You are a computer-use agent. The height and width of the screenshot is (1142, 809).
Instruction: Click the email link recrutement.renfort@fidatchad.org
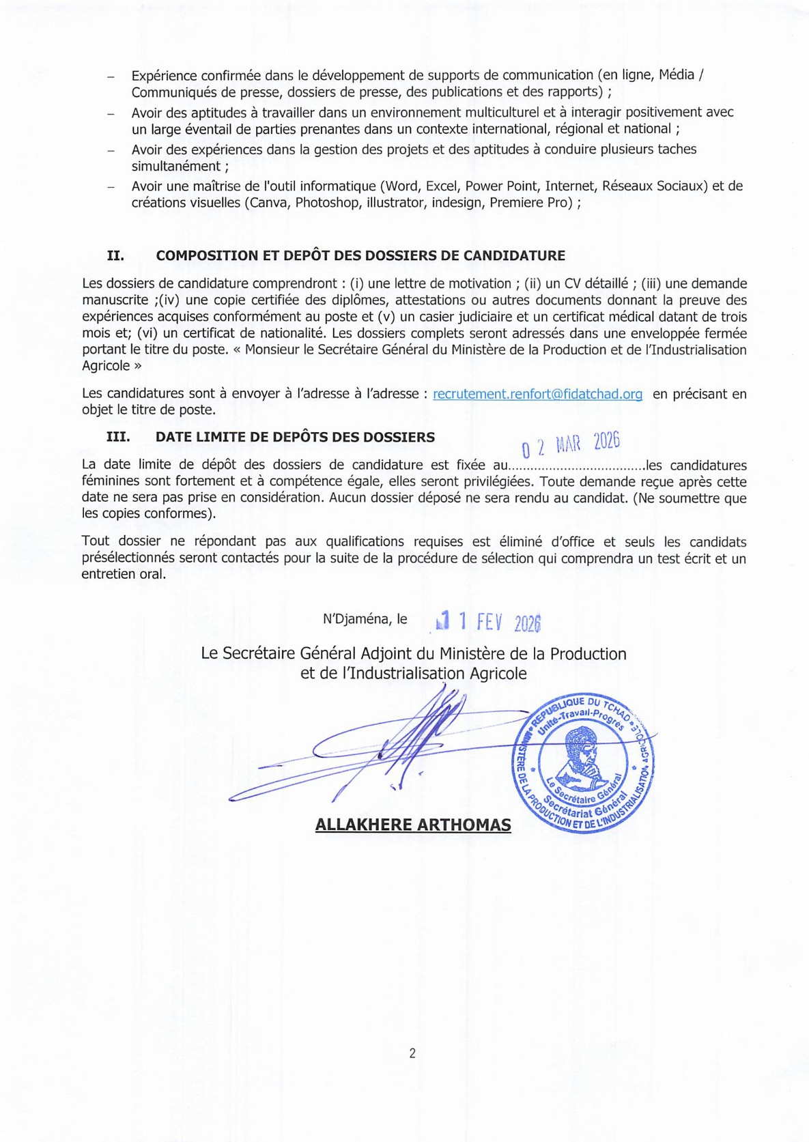(x=537, y=394)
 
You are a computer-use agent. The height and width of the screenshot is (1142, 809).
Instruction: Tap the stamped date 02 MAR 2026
(x=570, y=444)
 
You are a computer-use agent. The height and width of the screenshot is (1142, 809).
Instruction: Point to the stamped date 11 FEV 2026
(x=489, y=621)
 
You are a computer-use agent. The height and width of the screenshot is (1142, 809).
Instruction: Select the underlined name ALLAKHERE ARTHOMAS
(x=413, y=825)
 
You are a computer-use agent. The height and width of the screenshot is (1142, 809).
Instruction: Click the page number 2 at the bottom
(x=412, y=1053)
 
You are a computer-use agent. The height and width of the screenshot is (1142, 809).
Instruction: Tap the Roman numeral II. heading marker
(x=115, y=256)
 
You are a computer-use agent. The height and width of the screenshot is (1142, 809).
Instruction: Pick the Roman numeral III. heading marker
(x=118, y=437)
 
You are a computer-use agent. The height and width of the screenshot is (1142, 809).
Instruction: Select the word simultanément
(x=175, y=166)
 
